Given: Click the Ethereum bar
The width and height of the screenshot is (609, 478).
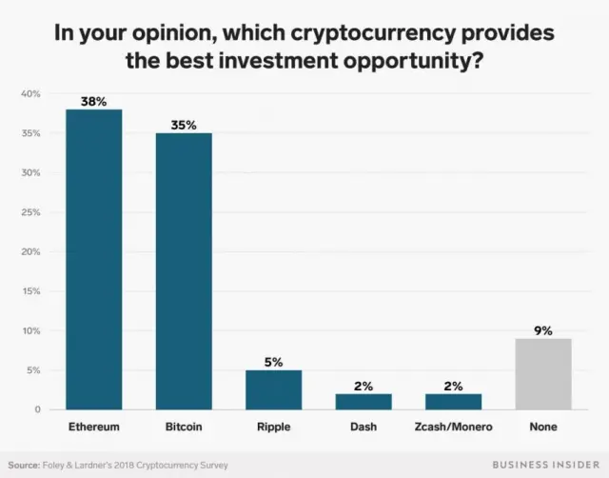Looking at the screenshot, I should click(x=93, y=259).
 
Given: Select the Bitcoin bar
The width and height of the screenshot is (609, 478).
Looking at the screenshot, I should click(x=184, y=271).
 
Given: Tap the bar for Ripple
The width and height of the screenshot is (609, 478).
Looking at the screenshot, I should click(x=274, y=389).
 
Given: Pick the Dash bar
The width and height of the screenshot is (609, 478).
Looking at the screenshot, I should click(x=363, y=402).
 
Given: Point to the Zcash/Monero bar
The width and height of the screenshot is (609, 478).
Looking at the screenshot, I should click(x=454, y=402).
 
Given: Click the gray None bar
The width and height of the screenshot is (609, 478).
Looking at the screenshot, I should click(x=544, y=374).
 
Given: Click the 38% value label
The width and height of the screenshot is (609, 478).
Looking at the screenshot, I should click(x=93, y=101).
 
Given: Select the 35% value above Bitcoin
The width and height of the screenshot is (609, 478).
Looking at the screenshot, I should click(x=184, y=125).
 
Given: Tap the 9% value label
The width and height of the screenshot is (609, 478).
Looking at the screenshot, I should click(x=544, y=330).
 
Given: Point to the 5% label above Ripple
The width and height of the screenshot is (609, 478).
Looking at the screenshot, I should click(x=274, y=362).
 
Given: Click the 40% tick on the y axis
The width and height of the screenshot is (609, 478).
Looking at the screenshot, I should click(x=30, y=94).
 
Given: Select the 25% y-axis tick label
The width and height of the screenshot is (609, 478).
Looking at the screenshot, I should click(x=30, y=212).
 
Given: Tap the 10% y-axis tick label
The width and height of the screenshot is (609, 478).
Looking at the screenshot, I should click(x=30, y=330).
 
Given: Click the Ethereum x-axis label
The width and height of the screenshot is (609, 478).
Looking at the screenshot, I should click(x=93, y=428).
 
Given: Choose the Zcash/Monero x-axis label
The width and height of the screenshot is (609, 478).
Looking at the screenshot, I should click(x=454, y=428).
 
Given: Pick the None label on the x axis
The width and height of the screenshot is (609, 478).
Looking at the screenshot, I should click(x=544, y=428).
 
